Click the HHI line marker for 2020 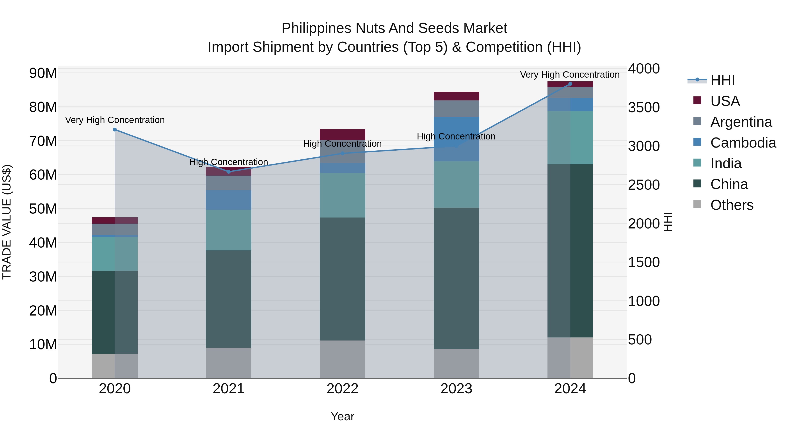point(115,130)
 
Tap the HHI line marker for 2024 point(570,84)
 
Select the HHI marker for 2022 point(342,153)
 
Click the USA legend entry point(725,101)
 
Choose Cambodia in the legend point(743,143)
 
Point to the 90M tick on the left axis point(43,73)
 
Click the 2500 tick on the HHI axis point(644,185)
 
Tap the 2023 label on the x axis point(456,389)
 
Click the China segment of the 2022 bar point(342,279)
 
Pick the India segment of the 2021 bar point(229,230)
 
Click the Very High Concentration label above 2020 point(115,120)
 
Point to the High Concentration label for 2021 point(229,162)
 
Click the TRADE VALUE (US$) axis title point(7,222)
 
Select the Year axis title point(342,416)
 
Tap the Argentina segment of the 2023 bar point(456,109)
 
